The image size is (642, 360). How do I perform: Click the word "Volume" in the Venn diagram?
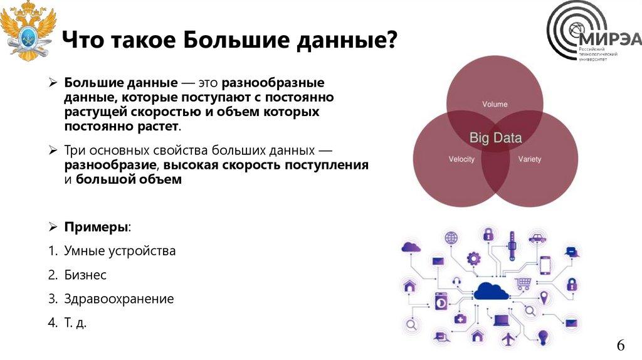click(495, 104)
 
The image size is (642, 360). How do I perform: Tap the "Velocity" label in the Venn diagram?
click(461, 159)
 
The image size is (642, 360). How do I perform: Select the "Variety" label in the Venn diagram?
click(529, 159)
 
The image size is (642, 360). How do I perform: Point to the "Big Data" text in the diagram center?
click(495, 137)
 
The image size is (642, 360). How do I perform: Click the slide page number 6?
click(621, 345)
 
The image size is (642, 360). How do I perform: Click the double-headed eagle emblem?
click(28, 31)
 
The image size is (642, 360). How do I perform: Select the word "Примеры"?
click(96, 227)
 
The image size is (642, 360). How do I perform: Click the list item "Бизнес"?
click(85, 275)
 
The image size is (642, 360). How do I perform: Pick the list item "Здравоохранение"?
click(118, 299)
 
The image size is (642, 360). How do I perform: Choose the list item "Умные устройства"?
click(120, 251)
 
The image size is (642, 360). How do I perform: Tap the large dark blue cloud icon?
click(491, 291)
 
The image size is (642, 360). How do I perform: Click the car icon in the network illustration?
click(537, 238)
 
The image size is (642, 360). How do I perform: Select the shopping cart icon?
click(524, 283)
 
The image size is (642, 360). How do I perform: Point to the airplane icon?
click(508, 339)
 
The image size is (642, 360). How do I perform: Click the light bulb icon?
click(542, 337)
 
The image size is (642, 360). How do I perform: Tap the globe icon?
click(451, 238)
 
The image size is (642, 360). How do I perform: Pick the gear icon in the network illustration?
click(474, 258)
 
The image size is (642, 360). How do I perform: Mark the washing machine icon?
click(441, 301)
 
